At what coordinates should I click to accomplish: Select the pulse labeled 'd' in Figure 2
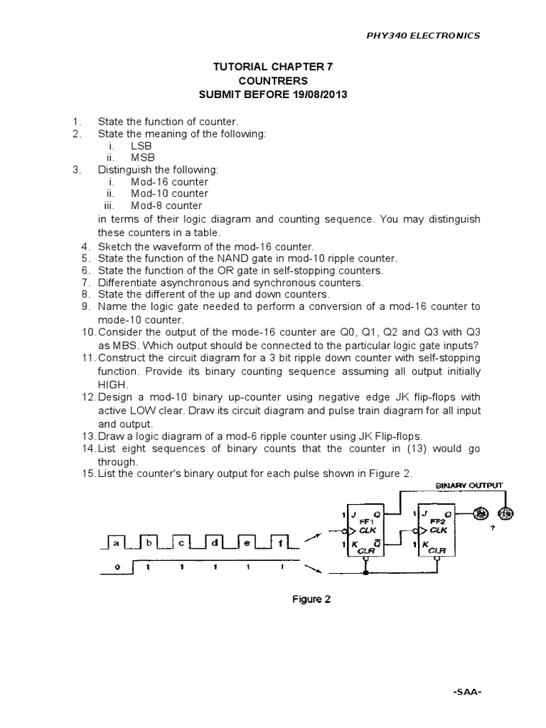[215, 544]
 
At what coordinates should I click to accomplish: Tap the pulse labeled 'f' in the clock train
[280, 544]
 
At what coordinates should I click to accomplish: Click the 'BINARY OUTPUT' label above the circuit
[469, 486]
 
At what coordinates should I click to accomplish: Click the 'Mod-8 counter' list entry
[166, 205]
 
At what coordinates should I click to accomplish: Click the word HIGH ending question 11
[112, 384]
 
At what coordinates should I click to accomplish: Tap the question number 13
[87, 436]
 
